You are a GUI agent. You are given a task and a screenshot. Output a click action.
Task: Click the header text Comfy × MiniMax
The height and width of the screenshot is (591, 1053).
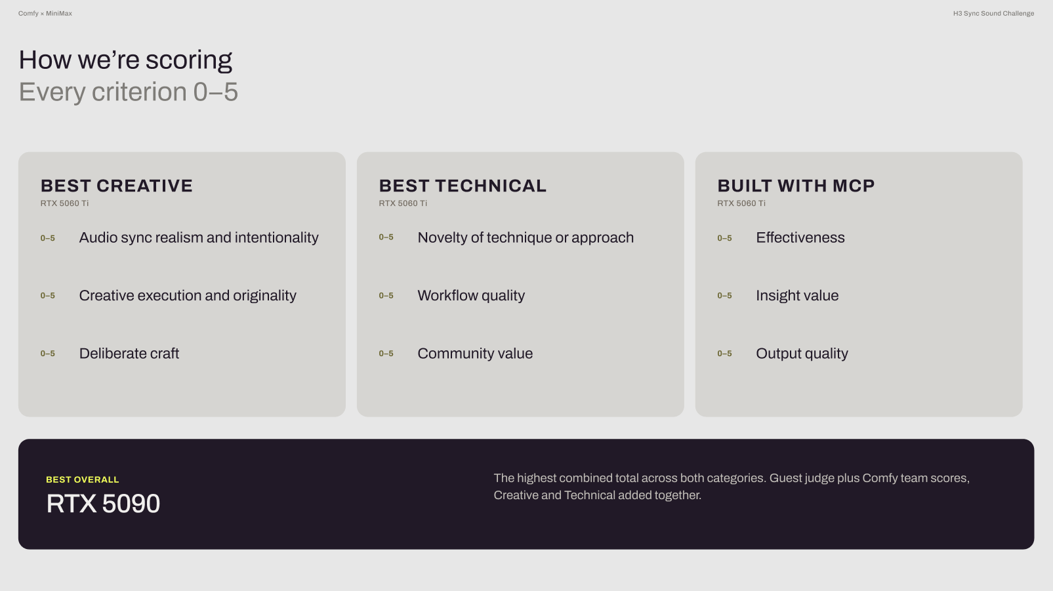[45, 14]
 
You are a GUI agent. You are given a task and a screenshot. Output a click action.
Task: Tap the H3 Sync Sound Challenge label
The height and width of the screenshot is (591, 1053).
[993, 14]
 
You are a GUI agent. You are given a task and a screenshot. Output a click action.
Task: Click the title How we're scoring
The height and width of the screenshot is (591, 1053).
[125, 60]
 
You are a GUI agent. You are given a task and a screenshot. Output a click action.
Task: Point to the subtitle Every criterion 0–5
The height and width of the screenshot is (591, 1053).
[129, 92]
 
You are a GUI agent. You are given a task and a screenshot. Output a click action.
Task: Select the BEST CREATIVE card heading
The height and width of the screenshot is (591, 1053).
[117, 186]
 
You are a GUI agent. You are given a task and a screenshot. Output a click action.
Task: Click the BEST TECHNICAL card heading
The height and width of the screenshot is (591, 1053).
[463, 186]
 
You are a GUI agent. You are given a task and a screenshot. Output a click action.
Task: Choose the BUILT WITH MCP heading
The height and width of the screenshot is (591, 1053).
[796, 186]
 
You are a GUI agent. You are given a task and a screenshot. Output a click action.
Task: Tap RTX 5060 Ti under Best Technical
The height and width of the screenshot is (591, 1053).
[403, 203]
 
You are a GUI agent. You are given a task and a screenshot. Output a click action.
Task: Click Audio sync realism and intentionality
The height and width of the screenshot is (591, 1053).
[198, 238]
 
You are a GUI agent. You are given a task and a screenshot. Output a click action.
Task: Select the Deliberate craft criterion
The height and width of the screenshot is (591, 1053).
[129, 354]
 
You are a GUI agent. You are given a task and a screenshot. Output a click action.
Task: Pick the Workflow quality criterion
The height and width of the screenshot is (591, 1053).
[471, 296]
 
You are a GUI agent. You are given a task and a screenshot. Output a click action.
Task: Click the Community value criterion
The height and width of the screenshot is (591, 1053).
[475, 354]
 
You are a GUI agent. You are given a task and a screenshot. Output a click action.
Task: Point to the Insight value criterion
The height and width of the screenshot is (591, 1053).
[796, 296]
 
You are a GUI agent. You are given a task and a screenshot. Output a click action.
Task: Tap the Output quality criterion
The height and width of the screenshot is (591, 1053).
[802, 354]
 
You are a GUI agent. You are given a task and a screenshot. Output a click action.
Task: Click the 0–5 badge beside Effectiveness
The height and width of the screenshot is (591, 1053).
[724, 238]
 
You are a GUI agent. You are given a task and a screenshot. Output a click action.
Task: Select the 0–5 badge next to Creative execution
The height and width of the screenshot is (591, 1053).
[47, 296]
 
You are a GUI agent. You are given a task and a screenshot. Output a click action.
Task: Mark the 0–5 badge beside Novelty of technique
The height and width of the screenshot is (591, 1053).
[386, 237]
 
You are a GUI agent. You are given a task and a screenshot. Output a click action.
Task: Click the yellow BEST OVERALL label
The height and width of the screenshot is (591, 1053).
[82, 480]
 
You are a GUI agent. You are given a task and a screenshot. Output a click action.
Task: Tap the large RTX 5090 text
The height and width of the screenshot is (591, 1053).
[103, 504]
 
